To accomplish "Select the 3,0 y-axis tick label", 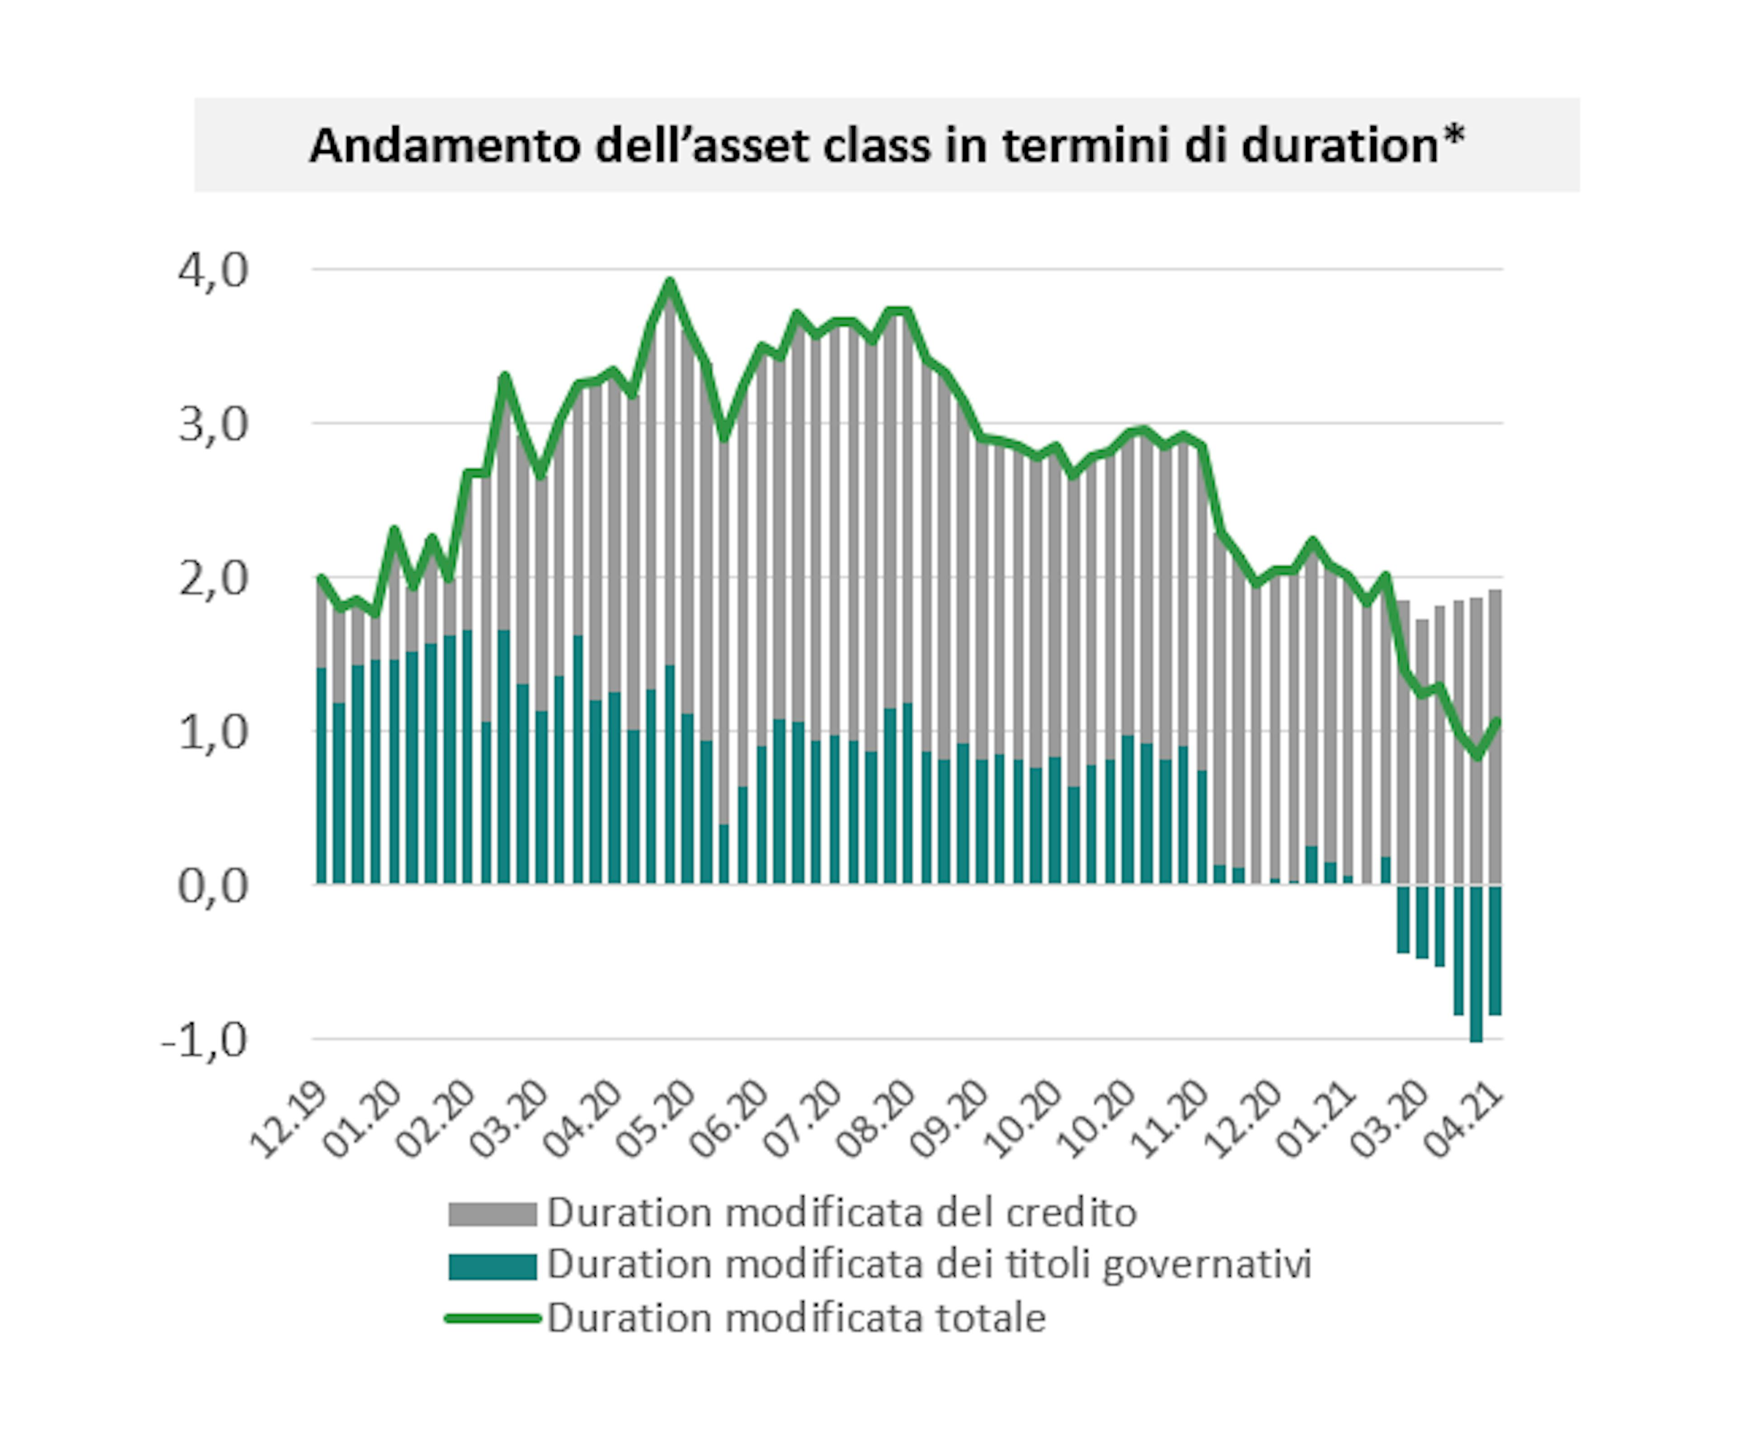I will (x=213, y=425).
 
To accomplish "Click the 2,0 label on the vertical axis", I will (x=213, y=579).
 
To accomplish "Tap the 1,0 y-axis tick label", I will (x=213, y=733).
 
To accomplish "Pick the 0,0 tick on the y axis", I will (x=213, y=887).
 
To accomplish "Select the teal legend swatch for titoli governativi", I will (x=492, y=1266).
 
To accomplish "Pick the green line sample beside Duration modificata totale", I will (x=492, y=1317).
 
